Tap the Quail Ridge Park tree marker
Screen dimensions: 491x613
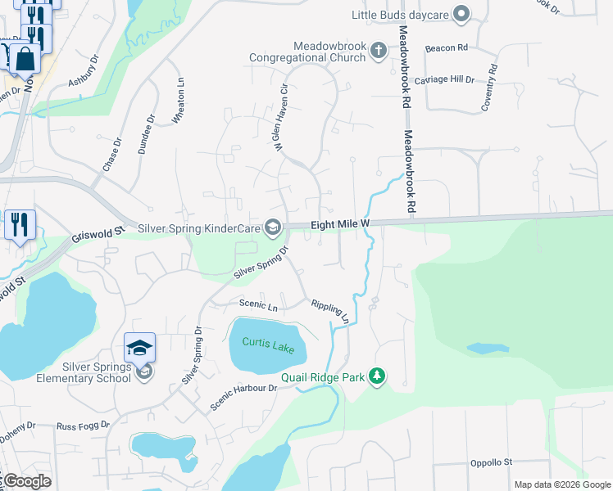click(x=377, y=376)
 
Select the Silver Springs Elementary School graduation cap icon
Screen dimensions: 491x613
click(x=139, y=348)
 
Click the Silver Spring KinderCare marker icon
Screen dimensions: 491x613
click(x=273, y=227)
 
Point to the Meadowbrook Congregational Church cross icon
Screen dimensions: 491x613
click(x=378, y=51)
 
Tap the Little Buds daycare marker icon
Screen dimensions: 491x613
click(x=461, y=14)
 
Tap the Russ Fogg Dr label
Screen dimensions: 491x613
click(x=82, y=426)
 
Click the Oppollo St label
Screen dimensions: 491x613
click(x=491, y=462)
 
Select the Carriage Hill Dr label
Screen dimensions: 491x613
click(x=444, y=79)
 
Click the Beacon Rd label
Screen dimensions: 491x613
click(x=446, y=48)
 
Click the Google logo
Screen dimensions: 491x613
click(x=27, y=481)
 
